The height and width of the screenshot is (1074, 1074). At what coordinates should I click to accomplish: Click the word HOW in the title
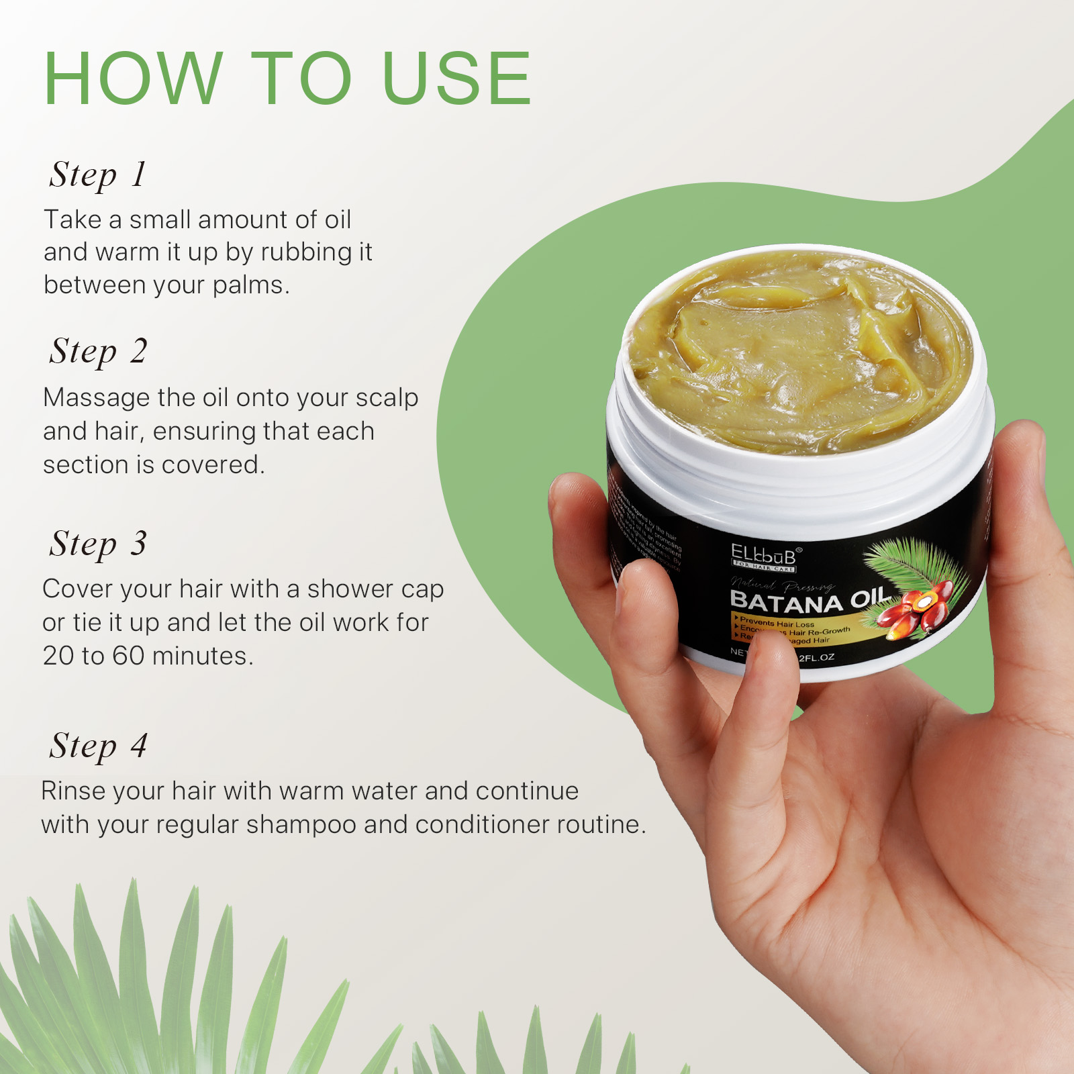tap(133, 79)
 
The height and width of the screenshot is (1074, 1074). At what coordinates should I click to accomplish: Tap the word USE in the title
tap(456, 79)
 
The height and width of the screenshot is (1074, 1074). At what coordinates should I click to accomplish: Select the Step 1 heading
tap(98, 175)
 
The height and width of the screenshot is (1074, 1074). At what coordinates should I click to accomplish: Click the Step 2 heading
tap(98, 352)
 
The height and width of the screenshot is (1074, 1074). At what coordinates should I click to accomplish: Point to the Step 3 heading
tap(98, 544)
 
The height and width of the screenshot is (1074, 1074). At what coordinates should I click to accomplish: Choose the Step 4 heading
tap(98, 746)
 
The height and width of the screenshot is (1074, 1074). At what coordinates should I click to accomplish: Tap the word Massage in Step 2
tap(97, 398)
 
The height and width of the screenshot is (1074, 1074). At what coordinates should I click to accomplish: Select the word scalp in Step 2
tap(387, 398)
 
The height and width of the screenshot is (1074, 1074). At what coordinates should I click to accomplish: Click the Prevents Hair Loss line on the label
tap(777, 623)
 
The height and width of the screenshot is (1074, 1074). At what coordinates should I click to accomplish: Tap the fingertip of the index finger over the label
tap(772, 654)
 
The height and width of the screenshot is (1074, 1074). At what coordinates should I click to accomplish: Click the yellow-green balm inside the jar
tap(799, 349)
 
